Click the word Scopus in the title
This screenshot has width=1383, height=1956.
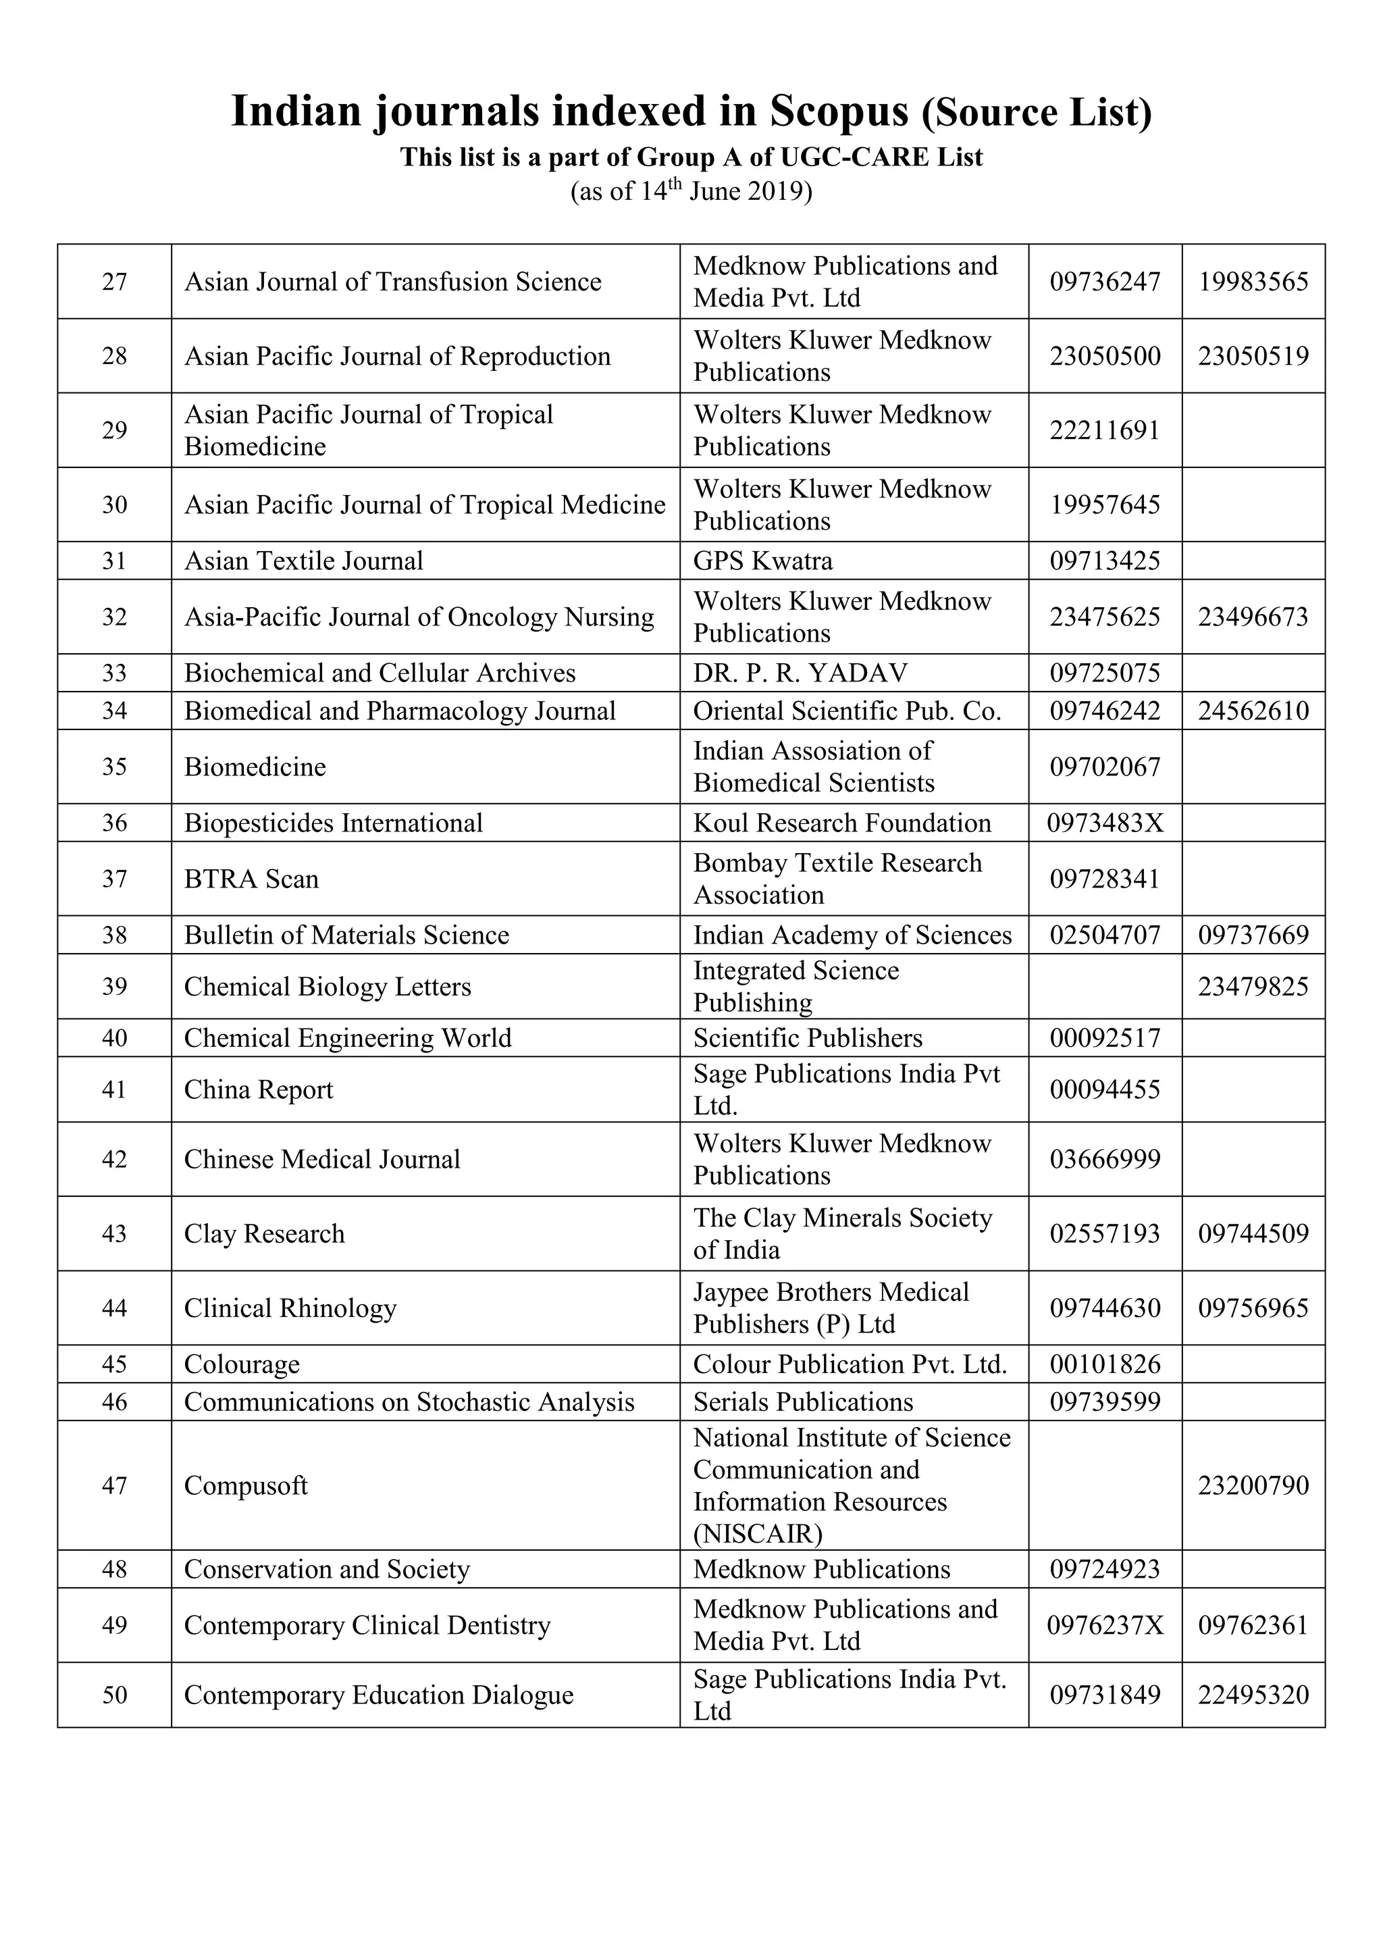point(839,111)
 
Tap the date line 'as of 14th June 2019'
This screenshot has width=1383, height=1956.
point(691,191)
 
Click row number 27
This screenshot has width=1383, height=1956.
point(114,282)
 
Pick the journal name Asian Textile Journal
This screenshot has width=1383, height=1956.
point(303,561)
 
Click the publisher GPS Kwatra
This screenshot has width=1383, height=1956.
point(762,561)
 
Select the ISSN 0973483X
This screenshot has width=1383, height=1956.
point(1105,823)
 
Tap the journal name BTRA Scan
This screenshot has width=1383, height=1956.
point(251,879)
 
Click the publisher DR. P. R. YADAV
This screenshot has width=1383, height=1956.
point(800,673)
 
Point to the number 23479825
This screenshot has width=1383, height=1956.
point(1253,987)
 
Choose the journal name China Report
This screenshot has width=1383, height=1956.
point(258,1089)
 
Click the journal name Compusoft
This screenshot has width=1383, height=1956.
point(245,1486)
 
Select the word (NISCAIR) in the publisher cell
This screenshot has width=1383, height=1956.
point(757,1535)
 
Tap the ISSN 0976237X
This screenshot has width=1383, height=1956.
point(1105,1626)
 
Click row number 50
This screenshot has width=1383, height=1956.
point(114,1695)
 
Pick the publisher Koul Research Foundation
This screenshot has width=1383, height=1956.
point(841,823)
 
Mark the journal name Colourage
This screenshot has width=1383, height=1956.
point(241,1365)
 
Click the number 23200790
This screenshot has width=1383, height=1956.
point(1253,1486)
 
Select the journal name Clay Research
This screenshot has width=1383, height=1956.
point(264,1233)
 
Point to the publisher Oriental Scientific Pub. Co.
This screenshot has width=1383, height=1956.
point(847,711)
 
